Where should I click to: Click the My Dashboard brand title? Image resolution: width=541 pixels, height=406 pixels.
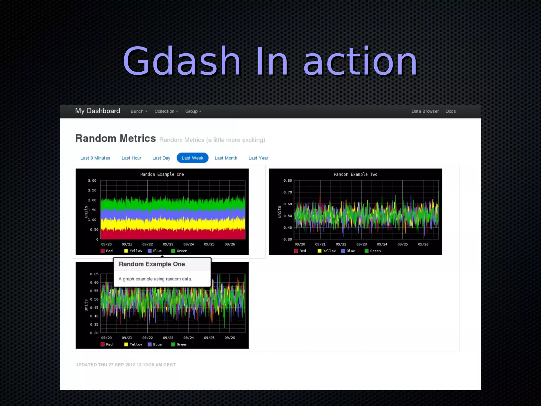point(97,111)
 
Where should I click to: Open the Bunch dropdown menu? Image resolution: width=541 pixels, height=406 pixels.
point(139,111)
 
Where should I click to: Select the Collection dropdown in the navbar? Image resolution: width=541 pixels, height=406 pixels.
point(166,111)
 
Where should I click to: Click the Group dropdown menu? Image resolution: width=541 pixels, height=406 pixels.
point(193,111)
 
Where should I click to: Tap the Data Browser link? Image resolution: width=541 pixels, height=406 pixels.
point(425,111)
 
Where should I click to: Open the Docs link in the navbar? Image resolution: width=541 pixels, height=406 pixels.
point(450,111)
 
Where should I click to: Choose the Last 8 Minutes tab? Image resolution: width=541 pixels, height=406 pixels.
point(95,158)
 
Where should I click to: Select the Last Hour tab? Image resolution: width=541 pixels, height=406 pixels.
point(131,158)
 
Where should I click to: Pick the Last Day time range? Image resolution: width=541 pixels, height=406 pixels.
point(161,158)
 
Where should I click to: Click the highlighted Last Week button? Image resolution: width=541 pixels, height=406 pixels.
point(192,158)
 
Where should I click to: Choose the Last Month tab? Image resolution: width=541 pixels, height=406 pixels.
point(226,158)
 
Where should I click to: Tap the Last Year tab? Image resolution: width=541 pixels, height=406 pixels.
point(258,158)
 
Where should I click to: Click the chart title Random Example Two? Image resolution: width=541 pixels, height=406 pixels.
point(355,174)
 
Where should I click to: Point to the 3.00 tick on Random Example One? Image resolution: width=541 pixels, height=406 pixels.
point(92,181)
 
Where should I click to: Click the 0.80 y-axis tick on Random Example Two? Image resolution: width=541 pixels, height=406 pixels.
point(288,181)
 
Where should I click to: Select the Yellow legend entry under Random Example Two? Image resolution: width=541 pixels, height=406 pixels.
point(327,251)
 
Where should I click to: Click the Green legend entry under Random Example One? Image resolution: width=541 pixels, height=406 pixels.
point(179,251)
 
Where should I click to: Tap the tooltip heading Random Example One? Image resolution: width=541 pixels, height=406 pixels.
point(152,264)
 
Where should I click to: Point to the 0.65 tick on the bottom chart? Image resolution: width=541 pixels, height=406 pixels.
point(94,274)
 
